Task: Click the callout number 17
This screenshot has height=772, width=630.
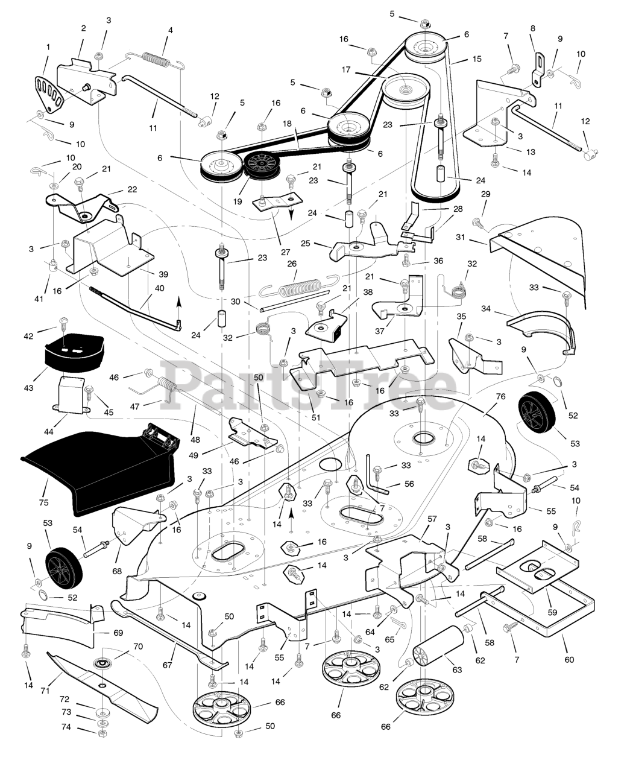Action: tap(345, 69)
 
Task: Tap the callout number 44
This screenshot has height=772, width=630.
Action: tap(48, 432)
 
